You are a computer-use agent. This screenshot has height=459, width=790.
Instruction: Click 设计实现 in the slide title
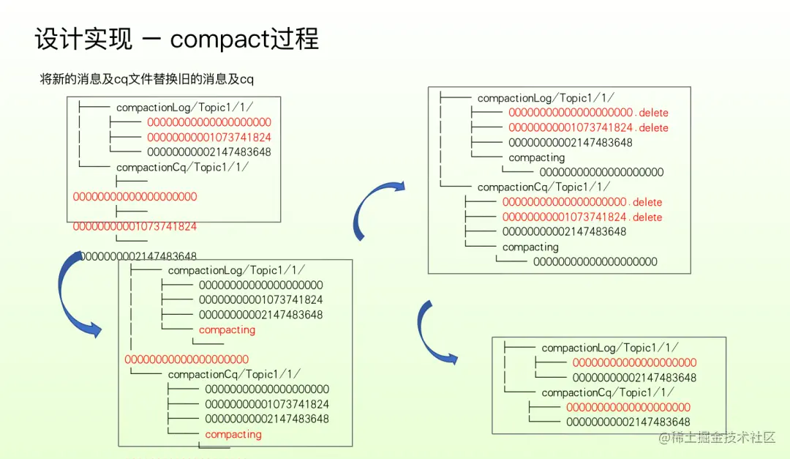click(x=83, y=39)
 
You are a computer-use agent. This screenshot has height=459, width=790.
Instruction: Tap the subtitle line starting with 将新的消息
click(x=147, y=79)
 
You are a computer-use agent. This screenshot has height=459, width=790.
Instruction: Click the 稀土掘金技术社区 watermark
click(x=717, y=437)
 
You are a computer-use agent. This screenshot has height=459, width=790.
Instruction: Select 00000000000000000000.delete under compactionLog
click(x=588, y=113)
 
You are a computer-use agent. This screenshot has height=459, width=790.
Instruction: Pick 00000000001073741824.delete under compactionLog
click(x=588, y=127)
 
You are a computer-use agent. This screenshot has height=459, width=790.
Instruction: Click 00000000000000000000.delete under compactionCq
click(x=582, y=202)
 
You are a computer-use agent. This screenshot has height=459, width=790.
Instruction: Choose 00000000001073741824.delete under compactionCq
click(x=582, y=217)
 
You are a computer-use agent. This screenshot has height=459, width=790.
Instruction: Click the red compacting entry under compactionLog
click(x=227, y=329)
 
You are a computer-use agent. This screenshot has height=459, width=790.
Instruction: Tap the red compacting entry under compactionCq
click(x=233, y=434)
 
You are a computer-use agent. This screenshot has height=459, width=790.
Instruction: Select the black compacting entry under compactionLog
click(x=537, y=157)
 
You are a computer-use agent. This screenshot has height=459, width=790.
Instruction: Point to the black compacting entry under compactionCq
click(x=530, y=247)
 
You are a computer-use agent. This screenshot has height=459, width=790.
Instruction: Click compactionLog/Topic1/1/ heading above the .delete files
click(x=546, y=98)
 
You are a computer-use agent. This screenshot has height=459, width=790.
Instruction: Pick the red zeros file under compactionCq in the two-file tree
click(x=628, y=407)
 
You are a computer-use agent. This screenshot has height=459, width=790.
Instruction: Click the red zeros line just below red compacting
click(x=187, y=359)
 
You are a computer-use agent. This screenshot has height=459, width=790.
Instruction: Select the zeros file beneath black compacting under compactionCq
click(x=595, y=261)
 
